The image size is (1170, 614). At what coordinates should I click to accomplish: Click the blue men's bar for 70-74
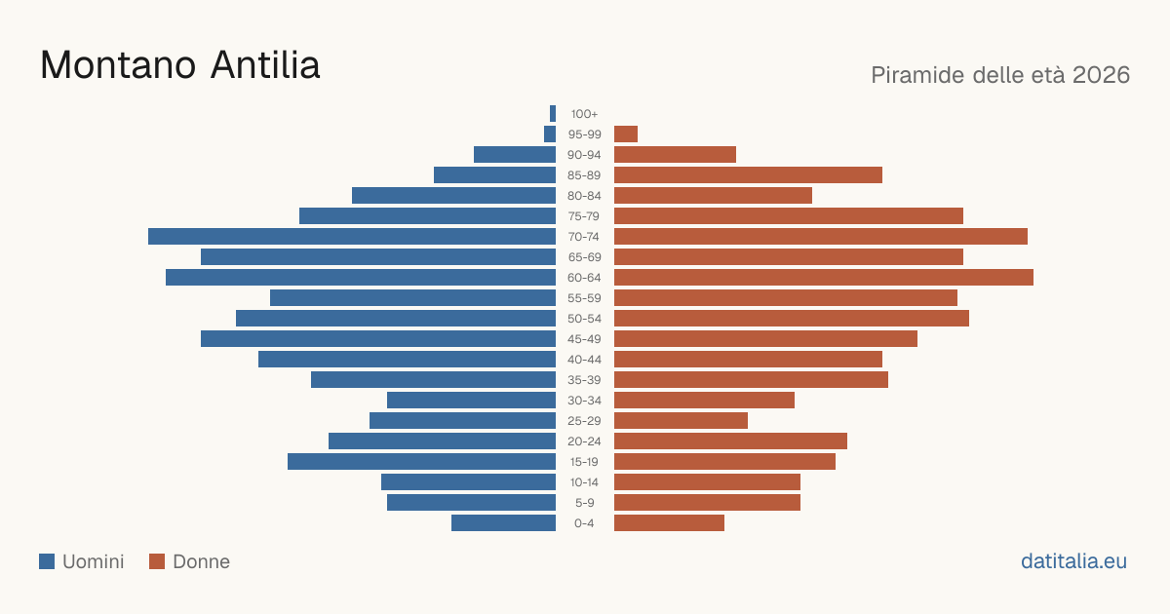352,237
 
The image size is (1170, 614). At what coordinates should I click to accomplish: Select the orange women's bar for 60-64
824,277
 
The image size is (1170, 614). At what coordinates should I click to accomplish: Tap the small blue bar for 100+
553,114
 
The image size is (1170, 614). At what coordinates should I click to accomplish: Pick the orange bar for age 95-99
626,134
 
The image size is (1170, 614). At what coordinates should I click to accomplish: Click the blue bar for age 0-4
503,523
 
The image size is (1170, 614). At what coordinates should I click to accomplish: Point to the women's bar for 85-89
748,174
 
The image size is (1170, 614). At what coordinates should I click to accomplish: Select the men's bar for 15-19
421,462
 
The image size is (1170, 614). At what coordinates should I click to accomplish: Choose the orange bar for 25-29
682,421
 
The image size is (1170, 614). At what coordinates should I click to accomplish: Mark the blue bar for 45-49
378,339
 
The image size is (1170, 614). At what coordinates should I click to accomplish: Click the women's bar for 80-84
713,196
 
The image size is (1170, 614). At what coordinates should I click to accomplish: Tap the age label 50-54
584,319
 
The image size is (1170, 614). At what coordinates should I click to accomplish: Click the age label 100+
584,114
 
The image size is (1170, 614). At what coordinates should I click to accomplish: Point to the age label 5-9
584,503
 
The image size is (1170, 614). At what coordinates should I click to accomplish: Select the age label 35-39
584,380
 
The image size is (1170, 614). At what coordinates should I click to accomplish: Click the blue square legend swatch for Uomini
47,561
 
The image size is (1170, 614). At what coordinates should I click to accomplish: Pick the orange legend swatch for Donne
157,561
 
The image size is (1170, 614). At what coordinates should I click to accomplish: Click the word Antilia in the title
265,65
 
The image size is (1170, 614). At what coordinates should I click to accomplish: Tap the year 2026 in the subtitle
1101,75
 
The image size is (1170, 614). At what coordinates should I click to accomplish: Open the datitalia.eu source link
1073,561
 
